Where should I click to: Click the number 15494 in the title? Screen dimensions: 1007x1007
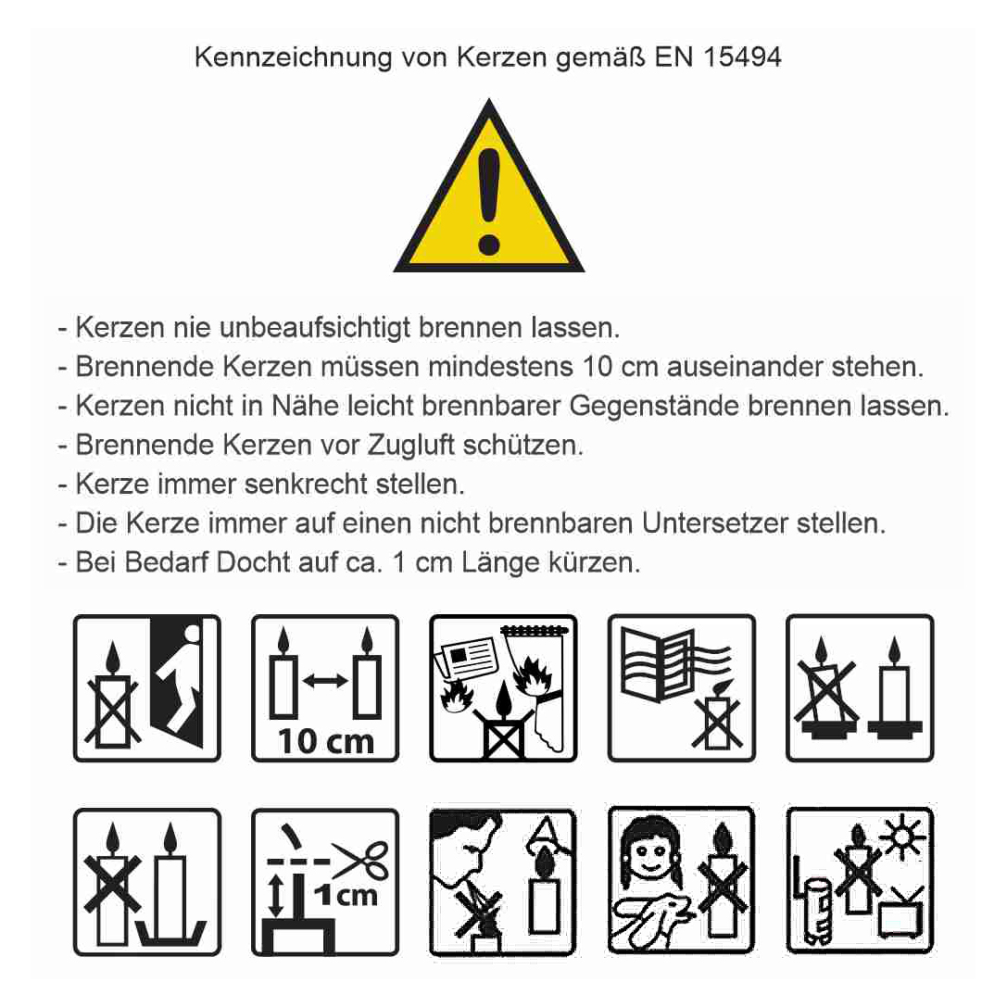coord(742,57)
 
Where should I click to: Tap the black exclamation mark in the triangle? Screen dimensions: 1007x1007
coord(489,201)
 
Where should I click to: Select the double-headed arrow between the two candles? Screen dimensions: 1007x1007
coord(325,680)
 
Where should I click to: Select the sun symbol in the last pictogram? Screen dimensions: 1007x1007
coord(903,837)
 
